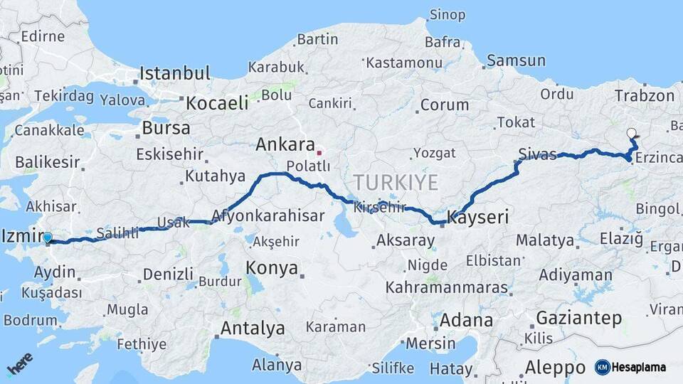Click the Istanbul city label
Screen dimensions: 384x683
[x=175, y=73]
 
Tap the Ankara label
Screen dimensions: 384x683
[x=285, y=145]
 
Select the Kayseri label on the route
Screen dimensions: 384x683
[x=478, y=217]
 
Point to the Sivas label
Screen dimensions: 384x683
[x=537, y=154]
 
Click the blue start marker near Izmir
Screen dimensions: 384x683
[x=48, y=238]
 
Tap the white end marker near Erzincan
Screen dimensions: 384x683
[x=631, y=133]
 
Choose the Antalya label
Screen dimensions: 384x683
[x=253, y=329]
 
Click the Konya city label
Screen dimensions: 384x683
[x=272, y=268]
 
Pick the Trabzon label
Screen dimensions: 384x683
[x=644, y=96]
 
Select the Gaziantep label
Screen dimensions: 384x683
[x=579, y=318]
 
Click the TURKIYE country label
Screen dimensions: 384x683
[x=396, y=182]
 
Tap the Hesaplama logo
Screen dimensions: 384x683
[x=630, y=367]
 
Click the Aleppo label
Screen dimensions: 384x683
[x=554, y=368]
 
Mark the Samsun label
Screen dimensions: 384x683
[x=516, y=61]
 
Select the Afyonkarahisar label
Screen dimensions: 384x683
[x=268, y=215]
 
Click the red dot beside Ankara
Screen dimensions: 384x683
[x=319, y=151]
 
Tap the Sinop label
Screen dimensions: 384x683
[x=448, y=15]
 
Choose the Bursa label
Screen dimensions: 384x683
[x=166, y=129]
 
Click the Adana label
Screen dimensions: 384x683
[x=466, y=320]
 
